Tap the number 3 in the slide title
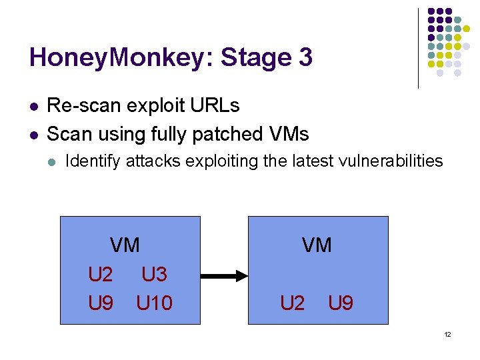(305, 58)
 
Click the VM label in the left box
(125, 245)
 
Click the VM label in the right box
(317, 245)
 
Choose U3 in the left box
(154, 275)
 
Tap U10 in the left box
(154, 303)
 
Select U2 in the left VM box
(101, 275)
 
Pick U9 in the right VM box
(341, 303)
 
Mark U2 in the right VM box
(293, 303)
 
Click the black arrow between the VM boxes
(224, 275)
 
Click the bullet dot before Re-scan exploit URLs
(33, 106)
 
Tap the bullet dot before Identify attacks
(53, 161)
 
